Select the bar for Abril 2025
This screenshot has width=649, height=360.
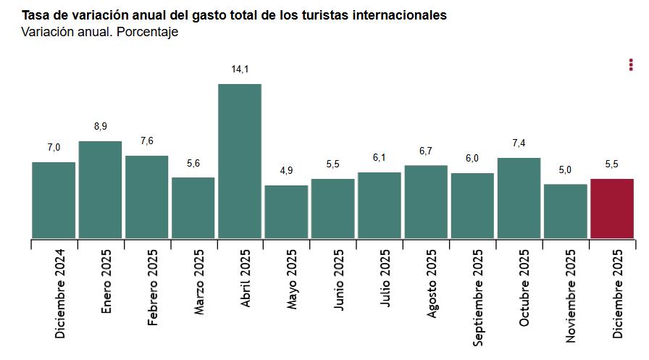[240, 161]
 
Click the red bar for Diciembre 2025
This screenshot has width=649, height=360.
[612, 209]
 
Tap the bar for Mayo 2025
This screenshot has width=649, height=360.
[286, 212]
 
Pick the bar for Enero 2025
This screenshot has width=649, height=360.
[100, 190]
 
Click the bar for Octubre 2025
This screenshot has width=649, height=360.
[519, 198]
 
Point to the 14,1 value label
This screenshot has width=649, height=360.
[240, 70]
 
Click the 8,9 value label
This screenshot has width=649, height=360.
[100, 127]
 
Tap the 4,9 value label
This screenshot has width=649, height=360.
[286, 171]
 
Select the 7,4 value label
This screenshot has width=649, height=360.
[519, 143]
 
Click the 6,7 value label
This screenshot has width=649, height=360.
[426, 151]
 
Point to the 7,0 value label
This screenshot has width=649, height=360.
[54, 148]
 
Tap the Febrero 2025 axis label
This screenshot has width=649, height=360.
[153, 288]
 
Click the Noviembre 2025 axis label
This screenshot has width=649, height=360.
[571, 296]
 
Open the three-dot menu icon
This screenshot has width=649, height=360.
[631, 65]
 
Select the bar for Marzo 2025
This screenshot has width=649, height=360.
[193, 208]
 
